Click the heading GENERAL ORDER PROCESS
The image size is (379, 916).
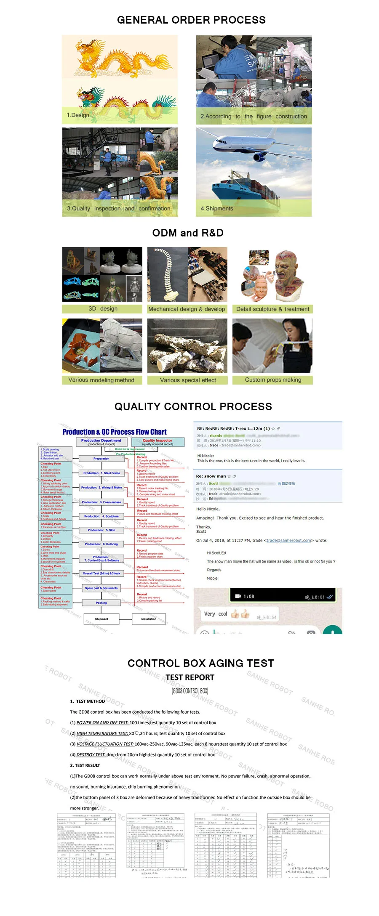click(x=191, y=20)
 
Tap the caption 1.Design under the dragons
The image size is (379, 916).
click(x=78, y=115)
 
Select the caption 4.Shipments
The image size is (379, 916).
click(x=217, y=208)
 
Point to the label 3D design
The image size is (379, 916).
click(x=103, y=309)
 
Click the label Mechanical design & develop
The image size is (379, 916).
click(x=187, y=309)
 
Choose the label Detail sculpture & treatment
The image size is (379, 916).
click(x=272, y=309)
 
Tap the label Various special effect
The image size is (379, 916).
click(x=188, y=380)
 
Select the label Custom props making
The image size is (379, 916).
click(x=273, y=380)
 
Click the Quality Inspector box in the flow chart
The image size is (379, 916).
click(x=157, y=442)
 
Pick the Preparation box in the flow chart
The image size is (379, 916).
click(x=101, y=459)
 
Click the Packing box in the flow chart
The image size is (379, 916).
click(x=101, y=603)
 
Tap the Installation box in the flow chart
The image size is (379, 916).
click(x=149, y=619)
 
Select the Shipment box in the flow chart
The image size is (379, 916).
click(x=101, y=619)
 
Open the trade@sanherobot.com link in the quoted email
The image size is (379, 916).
click(x=288, y=541)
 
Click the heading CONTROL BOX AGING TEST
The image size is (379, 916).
click(x=200, y=663)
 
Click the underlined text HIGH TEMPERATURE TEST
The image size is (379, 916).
click(x=102, y=733)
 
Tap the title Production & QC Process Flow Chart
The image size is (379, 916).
click(x=114, y=432)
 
